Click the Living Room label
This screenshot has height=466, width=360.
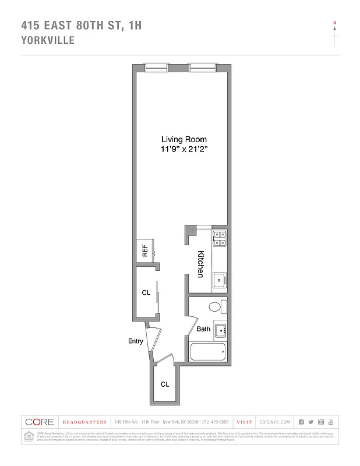tap(184, 140)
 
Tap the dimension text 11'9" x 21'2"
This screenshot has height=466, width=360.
tap(184, 150)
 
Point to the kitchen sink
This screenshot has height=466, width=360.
tap(220, 280)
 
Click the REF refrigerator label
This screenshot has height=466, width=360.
tap(145, 251)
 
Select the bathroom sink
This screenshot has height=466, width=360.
tap(220, 331)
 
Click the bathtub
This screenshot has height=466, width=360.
tap(208, 353)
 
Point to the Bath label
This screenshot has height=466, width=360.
tap(203, 329)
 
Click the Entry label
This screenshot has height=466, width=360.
tap(135, 341)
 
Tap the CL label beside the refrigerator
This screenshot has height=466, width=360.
tap(146, 293)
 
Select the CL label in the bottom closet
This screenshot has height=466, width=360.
tap(165, 384)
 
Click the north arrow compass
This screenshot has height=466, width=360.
tap(334, 32)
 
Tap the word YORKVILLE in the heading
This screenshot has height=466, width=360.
tap(47, 41)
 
